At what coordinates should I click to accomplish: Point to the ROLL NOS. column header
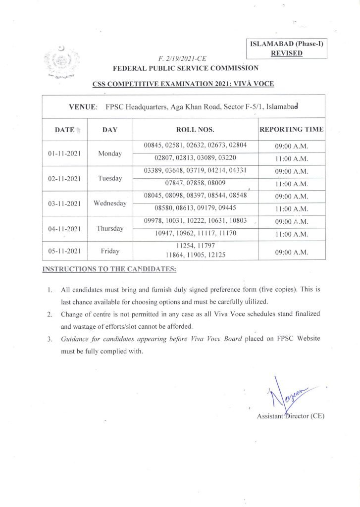195,130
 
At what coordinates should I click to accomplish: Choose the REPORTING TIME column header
292,130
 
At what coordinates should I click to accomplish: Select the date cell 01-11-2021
64,153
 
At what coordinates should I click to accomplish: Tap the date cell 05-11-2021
64,252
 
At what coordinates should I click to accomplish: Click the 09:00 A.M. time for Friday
292,252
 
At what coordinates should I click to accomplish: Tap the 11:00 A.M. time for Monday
292,159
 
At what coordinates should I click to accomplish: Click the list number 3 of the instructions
50,340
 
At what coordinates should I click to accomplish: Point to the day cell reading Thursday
110,229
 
